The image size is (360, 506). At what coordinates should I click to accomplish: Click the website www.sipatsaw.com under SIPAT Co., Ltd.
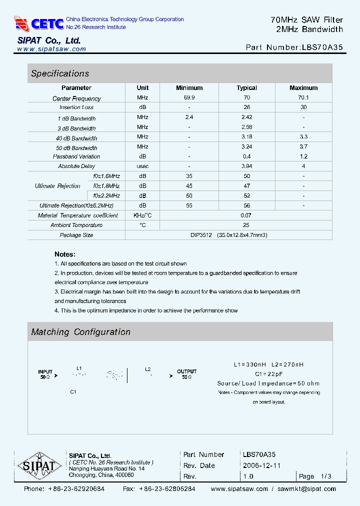click(51, 49)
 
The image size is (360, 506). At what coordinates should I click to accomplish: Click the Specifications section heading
click(60, 73)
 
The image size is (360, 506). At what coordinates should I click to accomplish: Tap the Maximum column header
click(303, 88)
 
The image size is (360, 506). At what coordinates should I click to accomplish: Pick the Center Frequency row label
click(76, 98)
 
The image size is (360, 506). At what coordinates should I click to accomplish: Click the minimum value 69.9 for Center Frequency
click(189, 98)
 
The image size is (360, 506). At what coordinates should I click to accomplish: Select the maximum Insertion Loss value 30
click(303, 107)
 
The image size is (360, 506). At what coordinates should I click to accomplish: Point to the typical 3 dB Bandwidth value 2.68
click(246, 127)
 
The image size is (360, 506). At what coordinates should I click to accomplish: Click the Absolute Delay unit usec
click(142, 166)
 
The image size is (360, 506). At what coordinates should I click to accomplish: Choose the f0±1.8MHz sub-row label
click(106, 185)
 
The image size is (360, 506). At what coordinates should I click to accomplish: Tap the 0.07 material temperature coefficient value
click(246, 215)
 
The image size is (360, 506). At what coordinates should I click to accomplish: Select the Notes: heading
click(65, 254)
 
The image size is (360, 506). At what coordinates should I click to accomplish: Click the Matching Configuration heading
click(81, 332)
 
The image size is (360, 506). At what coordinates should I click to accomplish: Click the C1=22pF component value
click(268, 373)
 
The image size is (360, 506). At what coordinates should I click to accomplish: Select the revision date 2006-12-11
click(261, 465)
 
